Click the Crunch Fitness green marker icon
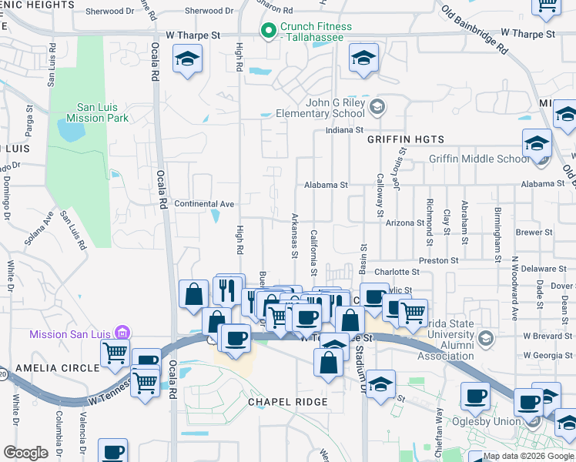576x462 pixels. click(269, 32)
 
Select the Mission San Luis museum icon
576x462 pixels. click(121, 333)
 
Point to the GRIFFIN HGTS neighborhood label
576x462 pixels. click(406, 139)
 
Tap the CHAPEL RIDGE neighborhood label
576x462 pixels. click(287, 402)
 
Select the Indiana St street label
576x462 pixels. click(344, 130)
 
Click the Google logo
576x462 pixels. click(26, 452)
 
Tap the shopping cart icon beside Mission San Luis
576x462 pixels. click(115, 353)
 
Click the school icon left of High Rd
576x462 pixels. click(187, 59)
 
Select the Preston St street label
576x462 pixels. click(439, 261)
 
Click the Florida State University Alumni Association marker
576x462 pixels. click(485, 338)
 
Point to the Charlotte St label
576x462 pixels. click(397, 272)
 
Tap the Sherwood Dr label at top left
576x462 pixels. click(109, 12)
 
